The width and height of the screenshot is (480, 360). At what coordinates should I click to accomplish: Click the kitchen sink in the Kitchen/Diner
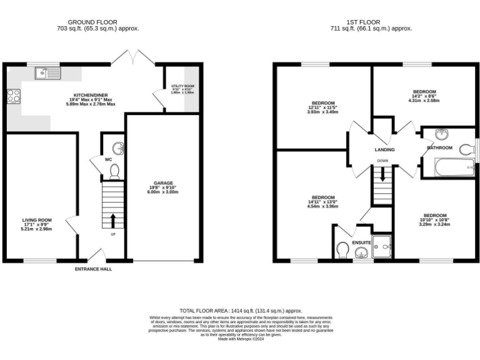point(47,73)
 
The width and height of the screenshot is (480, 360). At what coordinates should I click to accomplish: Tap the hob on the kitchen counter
point(13,96)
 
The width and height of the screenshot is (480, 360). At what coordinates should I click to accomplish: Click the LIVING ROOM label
point(37,220)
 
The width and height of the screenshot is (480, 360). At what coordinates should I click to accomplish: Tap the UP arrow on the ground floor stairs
point(113,220)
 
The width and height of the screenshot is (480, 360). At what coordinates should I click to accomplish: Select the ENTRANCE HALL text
point(94,269)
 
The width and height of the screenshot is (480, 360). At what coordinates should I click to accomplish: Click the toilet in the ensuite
point(342,251)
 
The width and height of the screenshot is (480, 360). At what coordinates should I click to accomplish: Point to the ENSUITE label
point(361,242)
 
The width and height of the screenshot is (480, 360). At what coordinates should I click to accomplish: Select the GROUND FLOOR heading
point(92,22)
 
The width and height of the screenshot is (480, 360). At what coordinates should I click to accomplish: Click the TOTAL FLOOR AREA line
point(241,310)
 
